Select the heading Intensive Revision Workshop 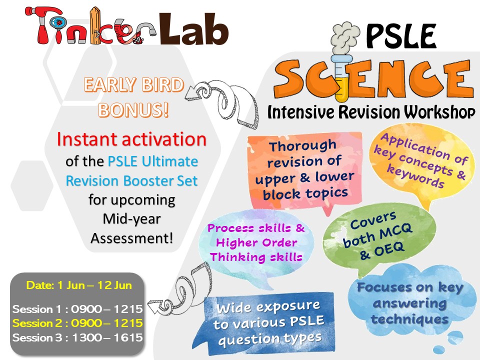pos(371,111)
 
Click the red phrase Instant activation pos(131,139)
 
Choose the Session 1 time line pos(77,308)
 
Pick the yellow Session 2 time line pos(77,323)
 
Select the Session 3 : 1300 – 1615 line pos(77,337)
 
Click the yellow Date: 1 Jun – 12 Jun pos(79,285)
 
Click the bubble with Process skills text pos(256,242)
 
